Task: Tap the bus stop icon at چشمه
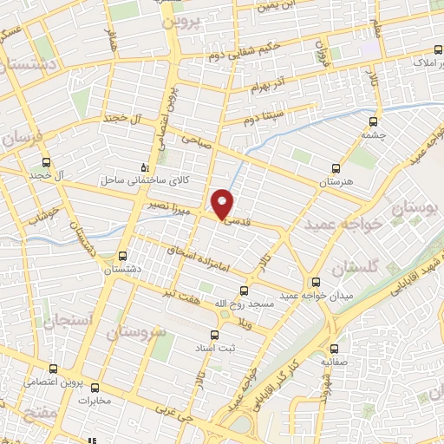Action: pos(375,121)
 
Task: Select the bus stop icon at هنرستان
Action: pos(336,169)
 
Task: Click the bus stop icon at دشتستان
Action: pos(121,256)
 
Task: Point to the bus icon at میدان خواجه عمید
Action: pos(316,281)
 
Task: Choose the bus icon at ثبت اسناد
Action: pos(216,334)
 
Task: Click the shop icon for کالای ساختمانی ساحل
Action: pos(145,166)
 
